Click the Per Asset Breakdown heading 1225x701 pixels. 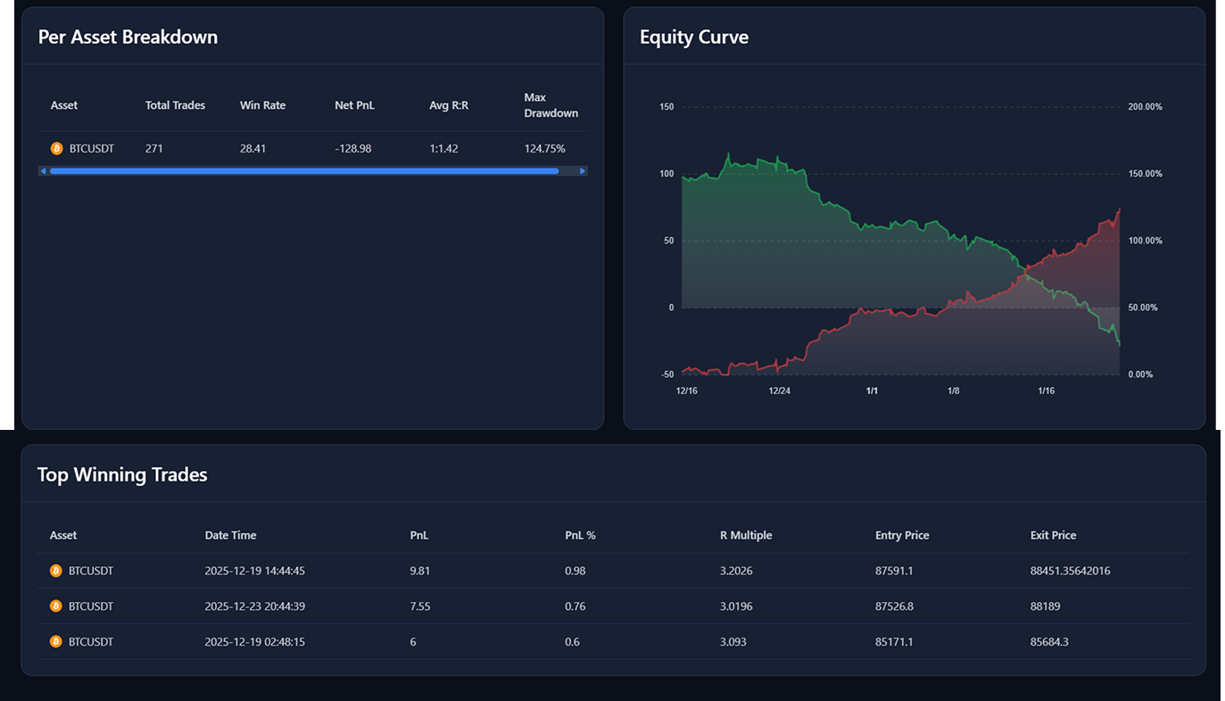pyautogui.click(x=128, y=37)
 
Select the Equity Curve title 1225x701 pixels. pyautogui.click(x=693, y=37)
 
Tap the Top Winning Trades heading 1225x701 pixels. pyautogui.click(x=122, y=474)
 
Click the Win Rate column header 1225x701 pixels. pyautogui.click(x=262, y=105)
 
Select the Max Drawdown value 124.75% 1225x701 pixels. pyautogui.click(x=544, y=149)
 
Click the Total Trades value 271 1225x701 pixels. pyautogui.click(x=154, y=149)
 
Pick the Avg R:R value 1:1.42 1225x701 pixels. pyautogui.click(x=443, y=149)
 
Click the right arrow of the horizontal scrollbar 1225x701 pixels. pyautogui.click(x=583, y=171)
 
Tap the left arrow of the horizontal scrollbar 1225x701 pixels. pyautogui.click(x=43, y=171)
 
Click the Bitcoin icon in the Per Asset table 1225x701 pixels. pyautogui.click(x=56, y=149)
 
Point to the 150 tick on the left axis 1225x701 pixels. pyautogui.click(x=666, y=107)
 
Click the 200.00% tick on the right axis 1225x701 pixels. pyautogui.click(x=1145, y=107)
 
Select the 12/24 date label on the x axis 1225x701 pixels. pyautogui.click(x=779, y=391)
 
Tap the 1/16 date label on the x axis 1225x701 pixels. pyautogui.click(x=1046, y=391)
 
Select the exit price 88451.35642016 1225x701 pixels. pyautogui.click(x=1070, y=571)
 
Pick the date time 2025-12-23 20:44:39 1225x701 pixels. pyautogui.click(x=254, y=606)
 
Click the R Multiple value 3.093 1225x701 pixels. pyautogui.click(x=733, y=642)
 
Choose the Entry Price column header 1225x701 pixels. pyautogui.click(x=902, y=535)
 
